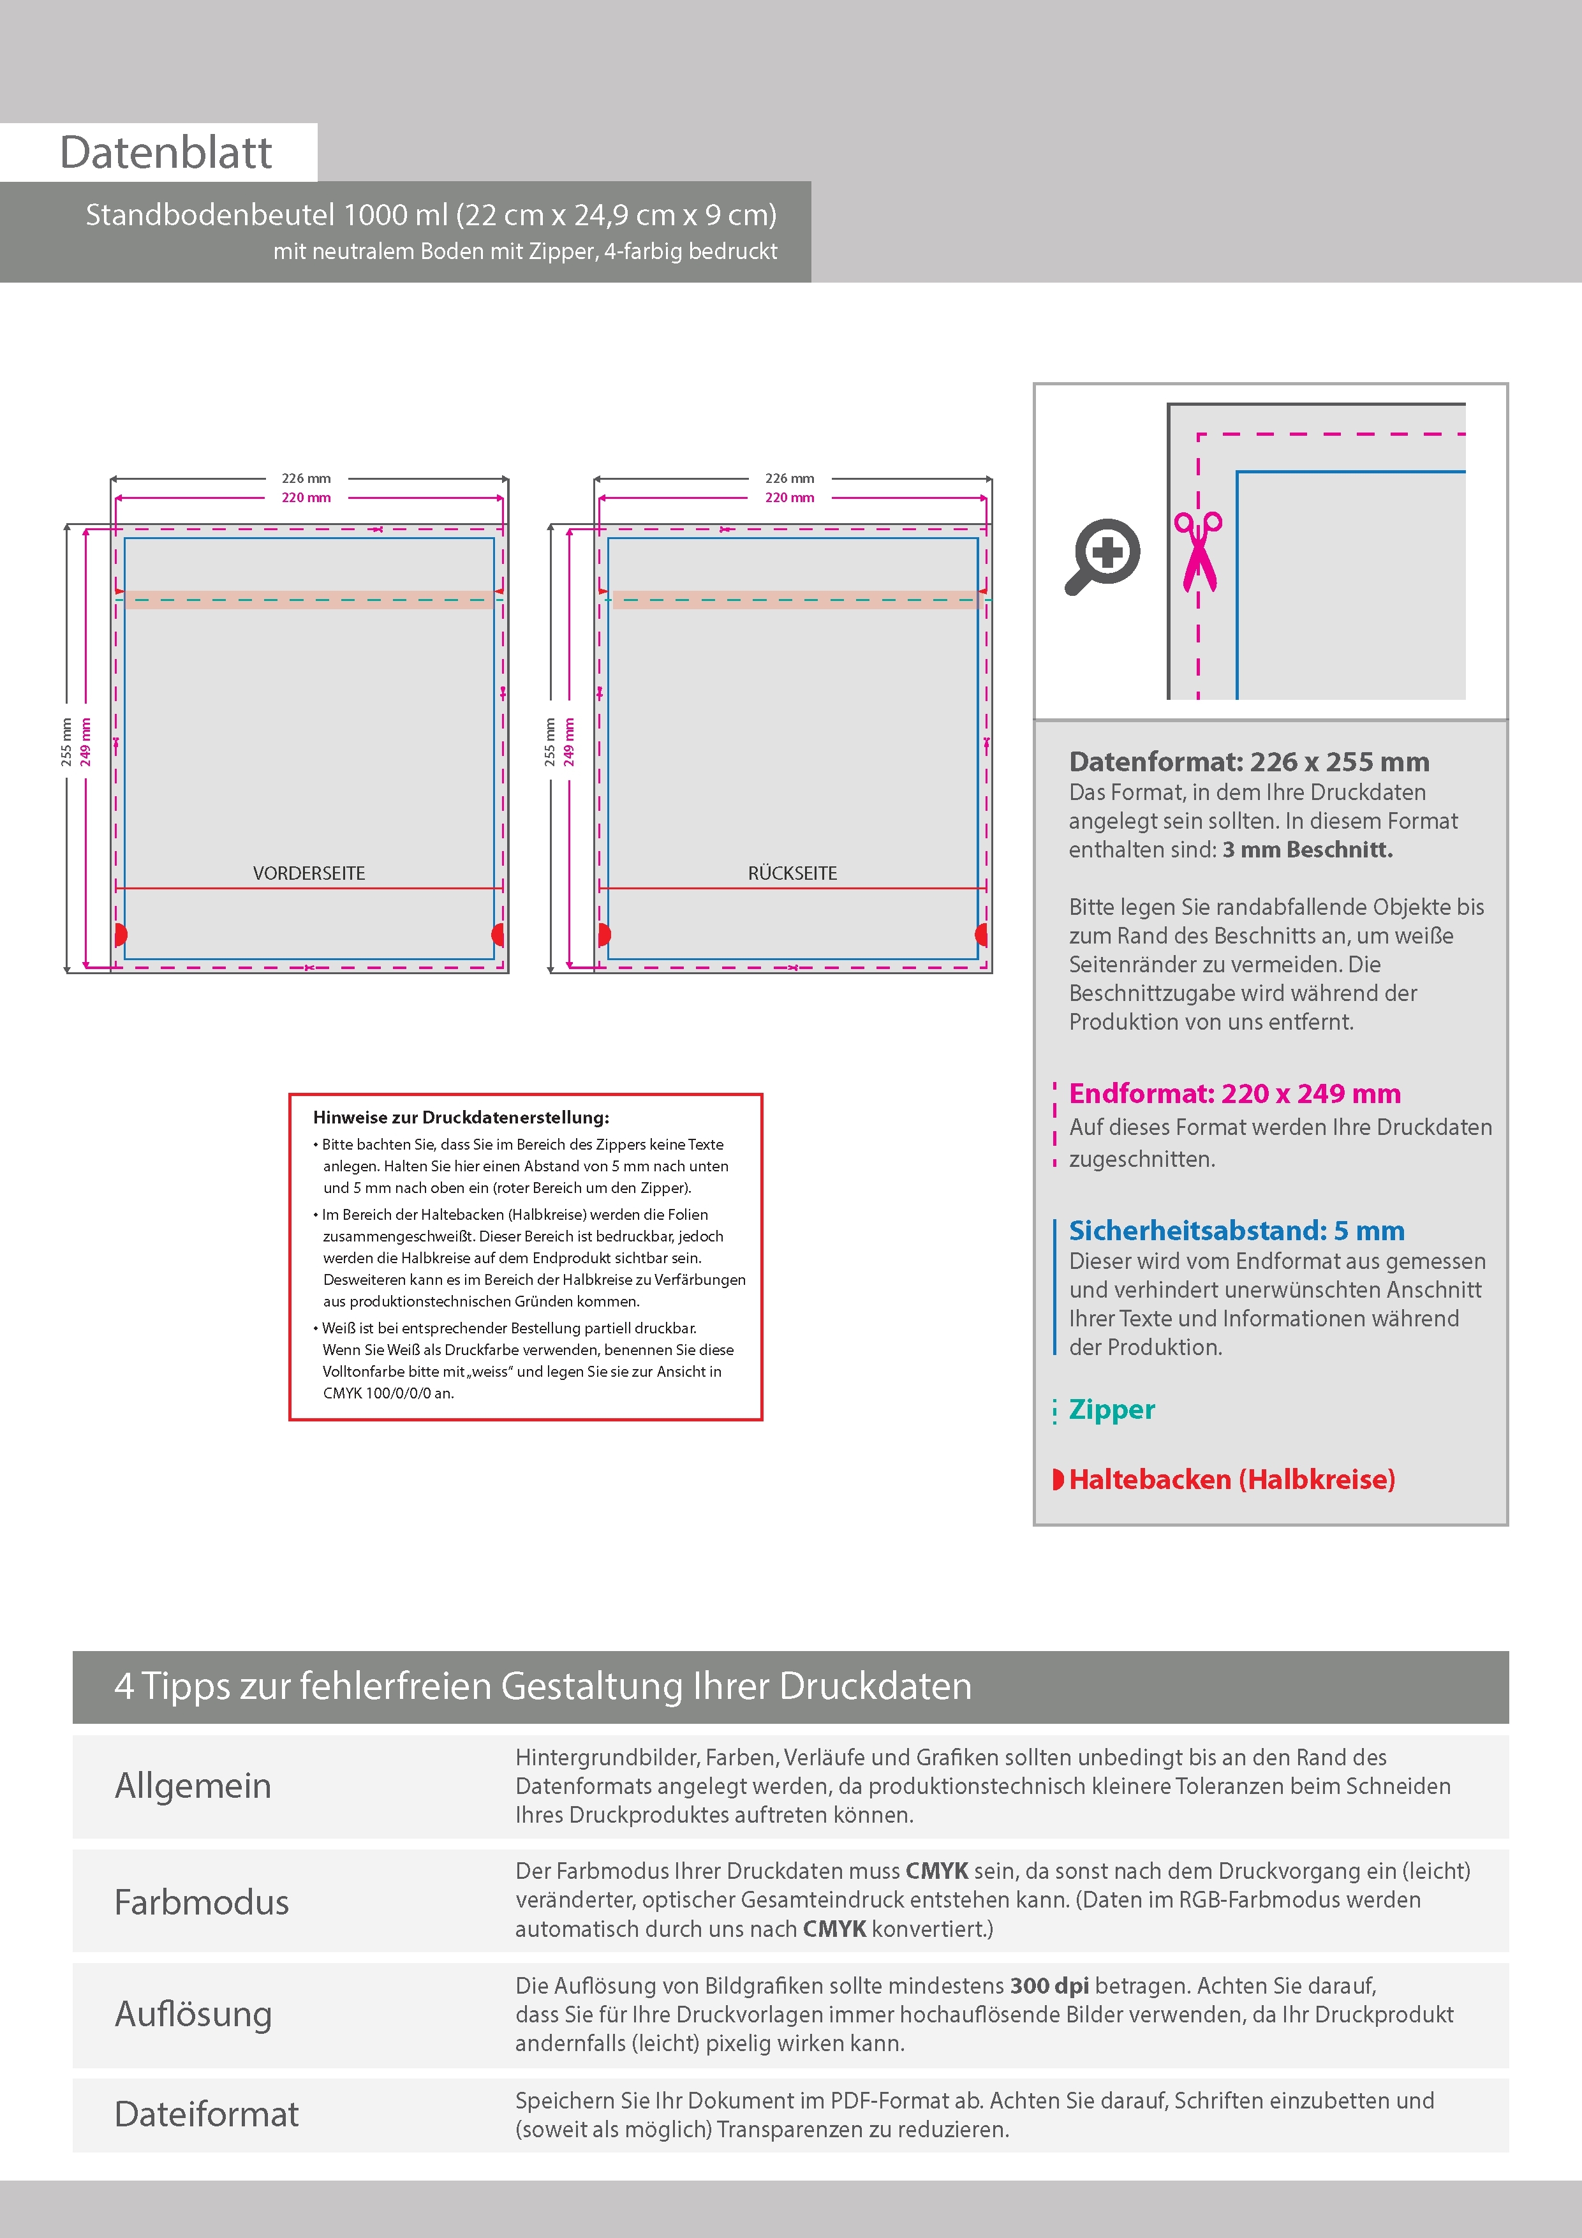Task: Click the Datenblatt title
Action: point(166,153)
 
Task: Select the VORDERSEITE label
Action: point(309,873)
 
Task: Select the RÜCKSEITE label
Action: point(792,873)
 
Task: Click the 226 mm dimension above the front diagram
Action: point(306,478)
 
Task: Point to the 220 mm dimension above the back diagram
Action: point(790,498)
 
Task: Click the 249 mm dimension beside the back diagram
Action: point(569,742)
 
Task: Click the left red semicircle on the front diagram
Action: point(120,935)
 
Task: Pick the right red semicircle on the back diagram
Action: point(982,935)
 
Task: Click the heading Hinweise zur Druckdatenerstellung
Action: point(461,1118)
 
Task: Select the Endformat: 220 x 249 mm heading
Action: point(1234,1093)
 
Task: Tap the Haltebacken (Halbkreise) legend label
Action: point(1232,1479)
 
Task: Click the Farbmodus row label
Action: point(202,1902)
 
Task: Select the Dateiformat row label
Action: point(207,2114)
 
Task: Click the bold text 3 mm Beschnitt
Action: point(1307,850)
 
